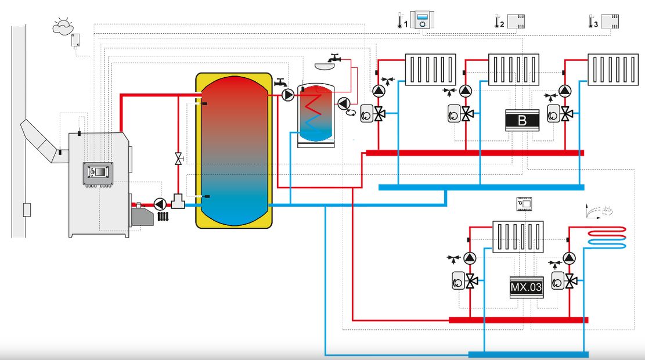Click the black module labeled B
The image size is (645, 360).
522,120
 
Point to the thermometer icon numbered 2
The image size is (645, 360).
498,22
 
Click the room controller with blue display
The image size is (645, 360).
422,21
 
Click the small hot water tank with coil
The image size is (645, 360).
316,115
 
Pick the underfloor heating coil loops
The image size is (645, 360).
607,239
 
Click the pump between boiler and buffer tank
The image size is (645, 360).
160,204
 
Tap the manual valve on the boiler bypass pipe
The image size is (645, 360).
178,157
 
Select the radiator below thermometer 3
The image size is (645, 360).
612,70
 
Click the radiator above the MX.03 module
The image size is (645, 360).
518,236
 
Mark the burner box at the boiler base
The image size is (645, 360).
143,217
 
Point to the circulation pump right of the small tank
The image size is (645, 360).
344,104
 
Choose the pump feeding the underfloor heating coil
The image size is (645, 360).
570,258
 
